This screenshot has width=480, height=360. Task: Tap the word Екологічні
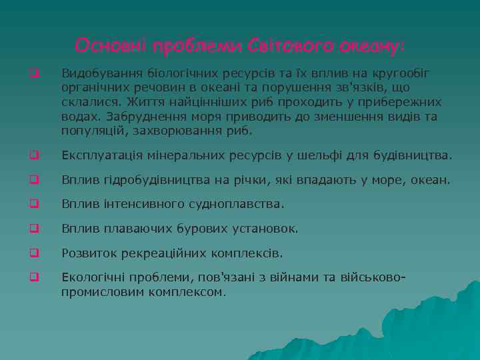coord(92,277)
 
